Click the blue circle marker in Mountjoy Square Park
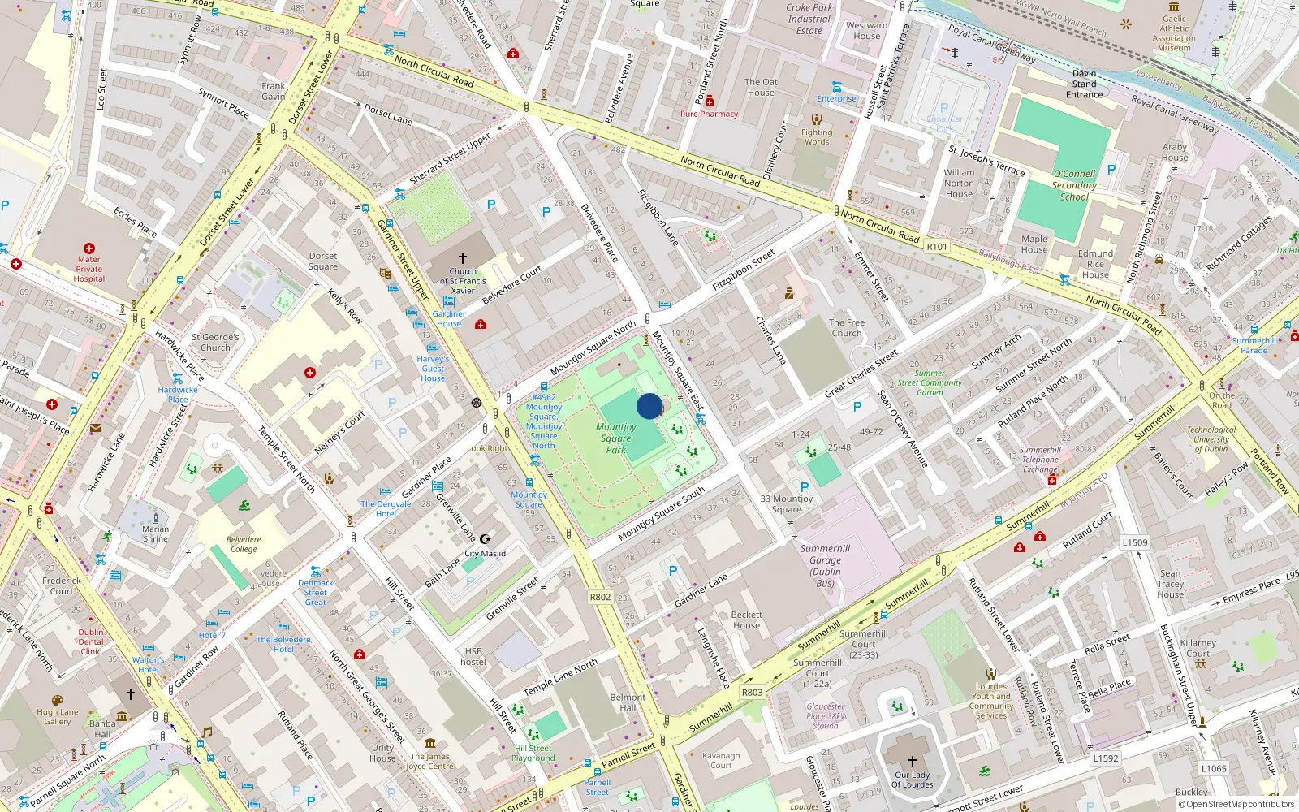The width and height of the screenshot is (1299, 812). point(649,406)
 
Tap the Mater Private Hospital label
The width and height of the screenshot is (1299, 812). point(89,269)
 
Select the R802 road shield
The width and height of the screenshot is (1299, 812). point(600,597)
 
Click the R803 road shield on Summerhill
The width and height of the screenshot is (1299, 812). point(752,693)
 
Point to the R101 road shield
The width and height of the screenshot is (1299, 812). point(937,247)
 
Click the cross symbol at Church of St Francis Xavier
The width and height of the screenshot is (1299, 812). point(463,257)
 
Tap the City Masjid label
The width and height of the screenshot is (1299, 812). point(485,554)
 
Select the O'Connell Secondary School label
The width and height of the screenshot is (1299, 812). point(1073,185)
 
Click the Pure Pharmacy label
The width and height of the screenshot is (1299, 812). point(709,114)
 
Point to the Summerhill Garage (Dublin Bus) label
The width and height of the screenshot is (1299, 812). point(825,565)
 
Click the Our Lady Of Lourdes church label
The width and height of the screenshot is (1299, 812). point(912,780)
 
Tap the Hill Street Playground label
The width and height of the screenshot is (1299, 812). point(533,754)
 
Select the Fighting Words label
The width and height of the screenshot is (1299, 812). point(817,136)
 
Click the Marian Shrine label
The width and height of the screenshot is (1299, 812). point(155,533)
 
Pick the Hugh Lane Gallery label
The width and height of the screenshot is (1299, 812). point(58,716)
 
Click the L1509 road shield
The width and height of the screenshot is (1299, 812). point(1135,542)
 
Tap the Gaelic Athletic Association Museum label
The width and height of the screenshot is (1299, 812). point(1174,33)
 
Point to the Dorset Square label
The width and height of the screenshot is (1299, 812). point(322,261)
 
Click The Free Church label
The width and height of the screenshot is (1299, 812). point(846,327)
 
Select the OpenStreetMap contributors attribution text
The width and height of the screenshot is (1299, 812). point(1236,804)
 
